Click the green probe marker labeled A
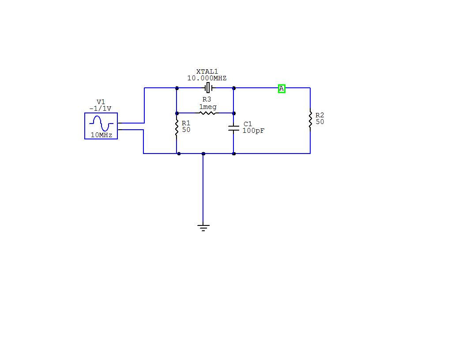[282, 89]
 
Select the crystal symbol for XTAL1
[207, 88]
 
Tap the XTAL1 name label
[207, 71]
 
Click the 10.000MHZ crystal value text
[207, 78]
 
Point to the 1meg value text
[208, 107]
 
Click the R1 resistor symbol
[177, 127]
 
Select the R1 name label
[186, 123]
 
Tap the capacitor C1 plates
[233, 128]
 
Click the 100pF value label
[253, 131]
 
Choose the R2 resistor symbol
[310, 120]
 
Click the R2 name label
[320, 115]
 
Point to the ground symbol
[203, 228]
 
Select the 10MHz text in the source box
[101, 135]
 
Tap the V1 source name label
[101, 102]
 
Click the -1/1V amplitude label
[101, 108]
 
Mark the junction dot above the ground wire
[203, 154]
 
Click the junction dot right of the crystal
[233, 88]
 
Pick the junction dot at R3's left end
[177, 113]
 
